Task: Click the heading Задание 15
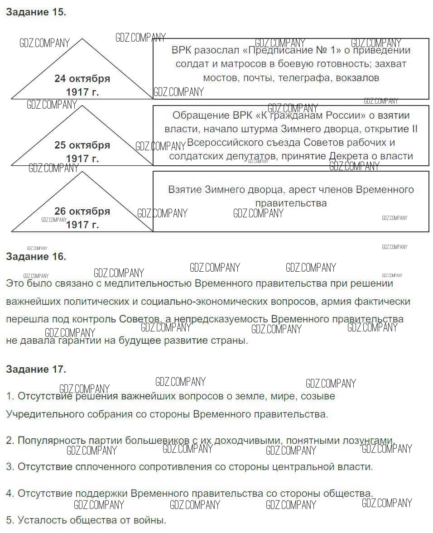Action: [36, 13]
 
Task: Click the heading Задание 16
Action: [36, 257]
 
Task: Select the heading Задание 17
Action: [36, 369]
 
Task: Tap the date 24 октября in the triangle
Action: [82, 78]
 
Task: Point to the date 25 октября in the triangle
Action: [82, 145]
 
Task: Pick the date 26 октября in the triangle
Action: [82, 211]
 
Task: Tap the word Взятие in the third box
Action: [185, 189]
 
